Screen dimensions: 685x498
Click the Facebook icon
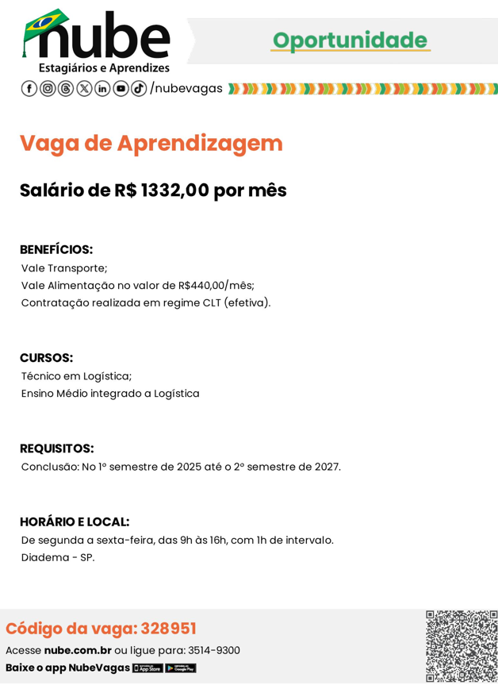(29, 88)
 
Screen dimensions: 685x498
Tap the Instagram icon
(48, 88)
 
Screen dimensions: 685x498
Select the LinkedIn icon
(102, 88)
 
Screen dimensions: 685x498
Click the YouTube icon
(121, 88)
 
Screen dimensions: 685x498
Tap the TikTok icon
(139, 88)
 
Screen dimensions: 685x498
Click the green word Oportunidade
(351, 40)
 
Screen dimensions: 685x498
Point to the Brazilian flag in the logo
(45, 22)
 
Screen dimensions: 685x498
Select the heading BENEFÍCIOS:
(56, 249)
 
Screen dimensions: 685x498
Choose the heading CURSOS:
(46, 358)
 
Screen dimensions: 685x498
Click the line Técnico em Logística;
(76, 376)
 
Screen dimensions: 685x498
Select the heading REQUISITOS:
(56, 448)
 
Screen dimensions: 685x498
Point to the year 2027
(325, 467)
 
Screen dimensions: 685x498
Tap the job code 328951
(168, 629)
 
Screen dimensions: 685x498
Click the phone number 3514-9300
(213, 650)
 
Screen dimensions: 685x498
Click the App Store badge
(147, 668)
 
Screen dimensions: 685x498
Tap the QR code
(462, 646)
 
